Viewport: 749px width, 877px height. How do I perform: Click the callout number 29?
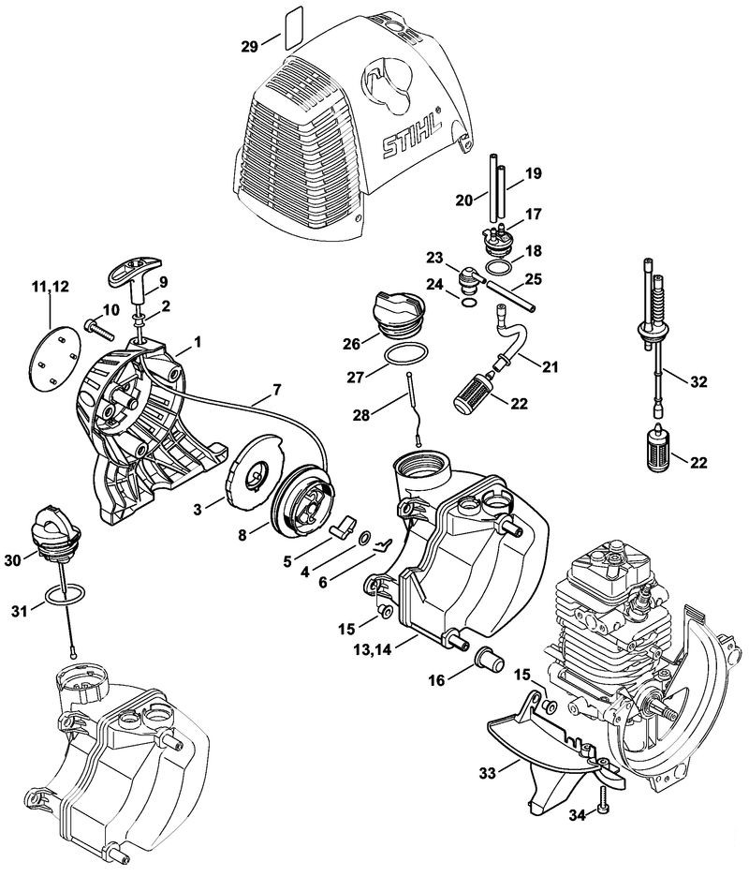tap(250, 46)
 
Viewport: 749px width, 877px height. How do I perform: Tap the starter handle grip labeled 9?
tap(134, 273)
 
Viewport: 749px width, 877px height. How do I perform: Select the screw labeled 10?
tap(96, 327)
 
